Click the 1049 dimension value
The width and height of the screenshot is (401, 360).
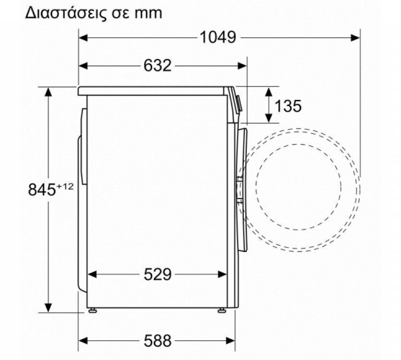(x=218, y=37)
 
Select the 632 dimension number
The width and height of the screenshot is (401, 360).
(x=158, y=65)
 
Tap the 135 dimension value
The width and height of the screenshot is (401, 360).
(x=288, y=106)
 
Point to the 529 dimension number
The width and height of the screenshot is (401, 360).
(x=158, y=275)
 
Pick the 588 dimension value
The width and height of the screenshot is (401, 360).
(x=158, y=341)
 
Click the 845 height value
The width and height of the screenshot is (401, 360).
(x=42, y=190)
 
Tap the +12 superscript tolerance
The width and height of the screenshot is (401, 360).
(x=65, y=186)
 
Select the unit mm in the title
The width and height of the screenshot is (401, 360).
(x=148, y=13)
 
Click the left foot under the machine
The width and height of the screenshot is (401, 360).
(x=92, y=311)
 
